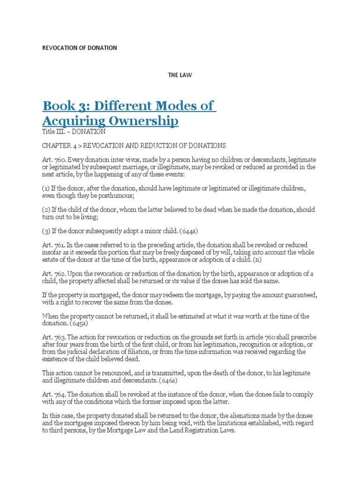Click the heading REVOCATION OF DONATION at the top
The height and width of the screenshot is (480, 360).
[80, 48]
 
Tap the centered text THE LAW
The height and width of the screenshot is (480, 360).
[180, 75]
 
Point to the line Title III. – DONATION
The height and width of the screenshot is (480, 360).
[74, 132]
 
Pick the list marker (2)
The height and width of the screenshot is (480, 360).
[47, 210]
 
